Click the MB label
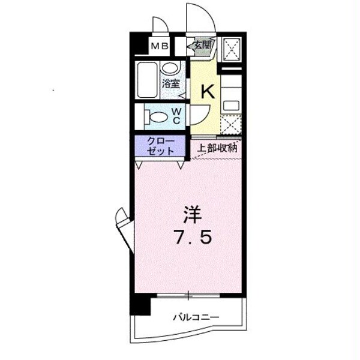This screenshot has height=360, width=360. click(x=159, y=45)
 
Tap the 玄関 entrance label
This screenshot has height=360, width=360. click(x=202, y=44)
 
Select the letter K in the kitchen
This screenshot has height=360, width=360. click(x=206, y=91)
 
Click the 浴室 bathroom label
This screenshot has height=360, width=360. click(x=170, y=84)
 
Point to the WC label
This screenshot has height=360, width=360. click(x=178, y=115)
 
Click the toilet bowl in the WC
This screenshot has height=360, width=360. click(x=158, y=116)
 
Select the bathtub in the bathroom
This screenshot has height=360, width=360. click(x=147, y=82)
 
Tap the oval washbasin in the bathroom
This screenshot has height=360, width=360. click(x=170, y=68)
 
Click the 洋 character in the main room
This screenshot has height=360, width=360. click(x=191, y=214)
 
